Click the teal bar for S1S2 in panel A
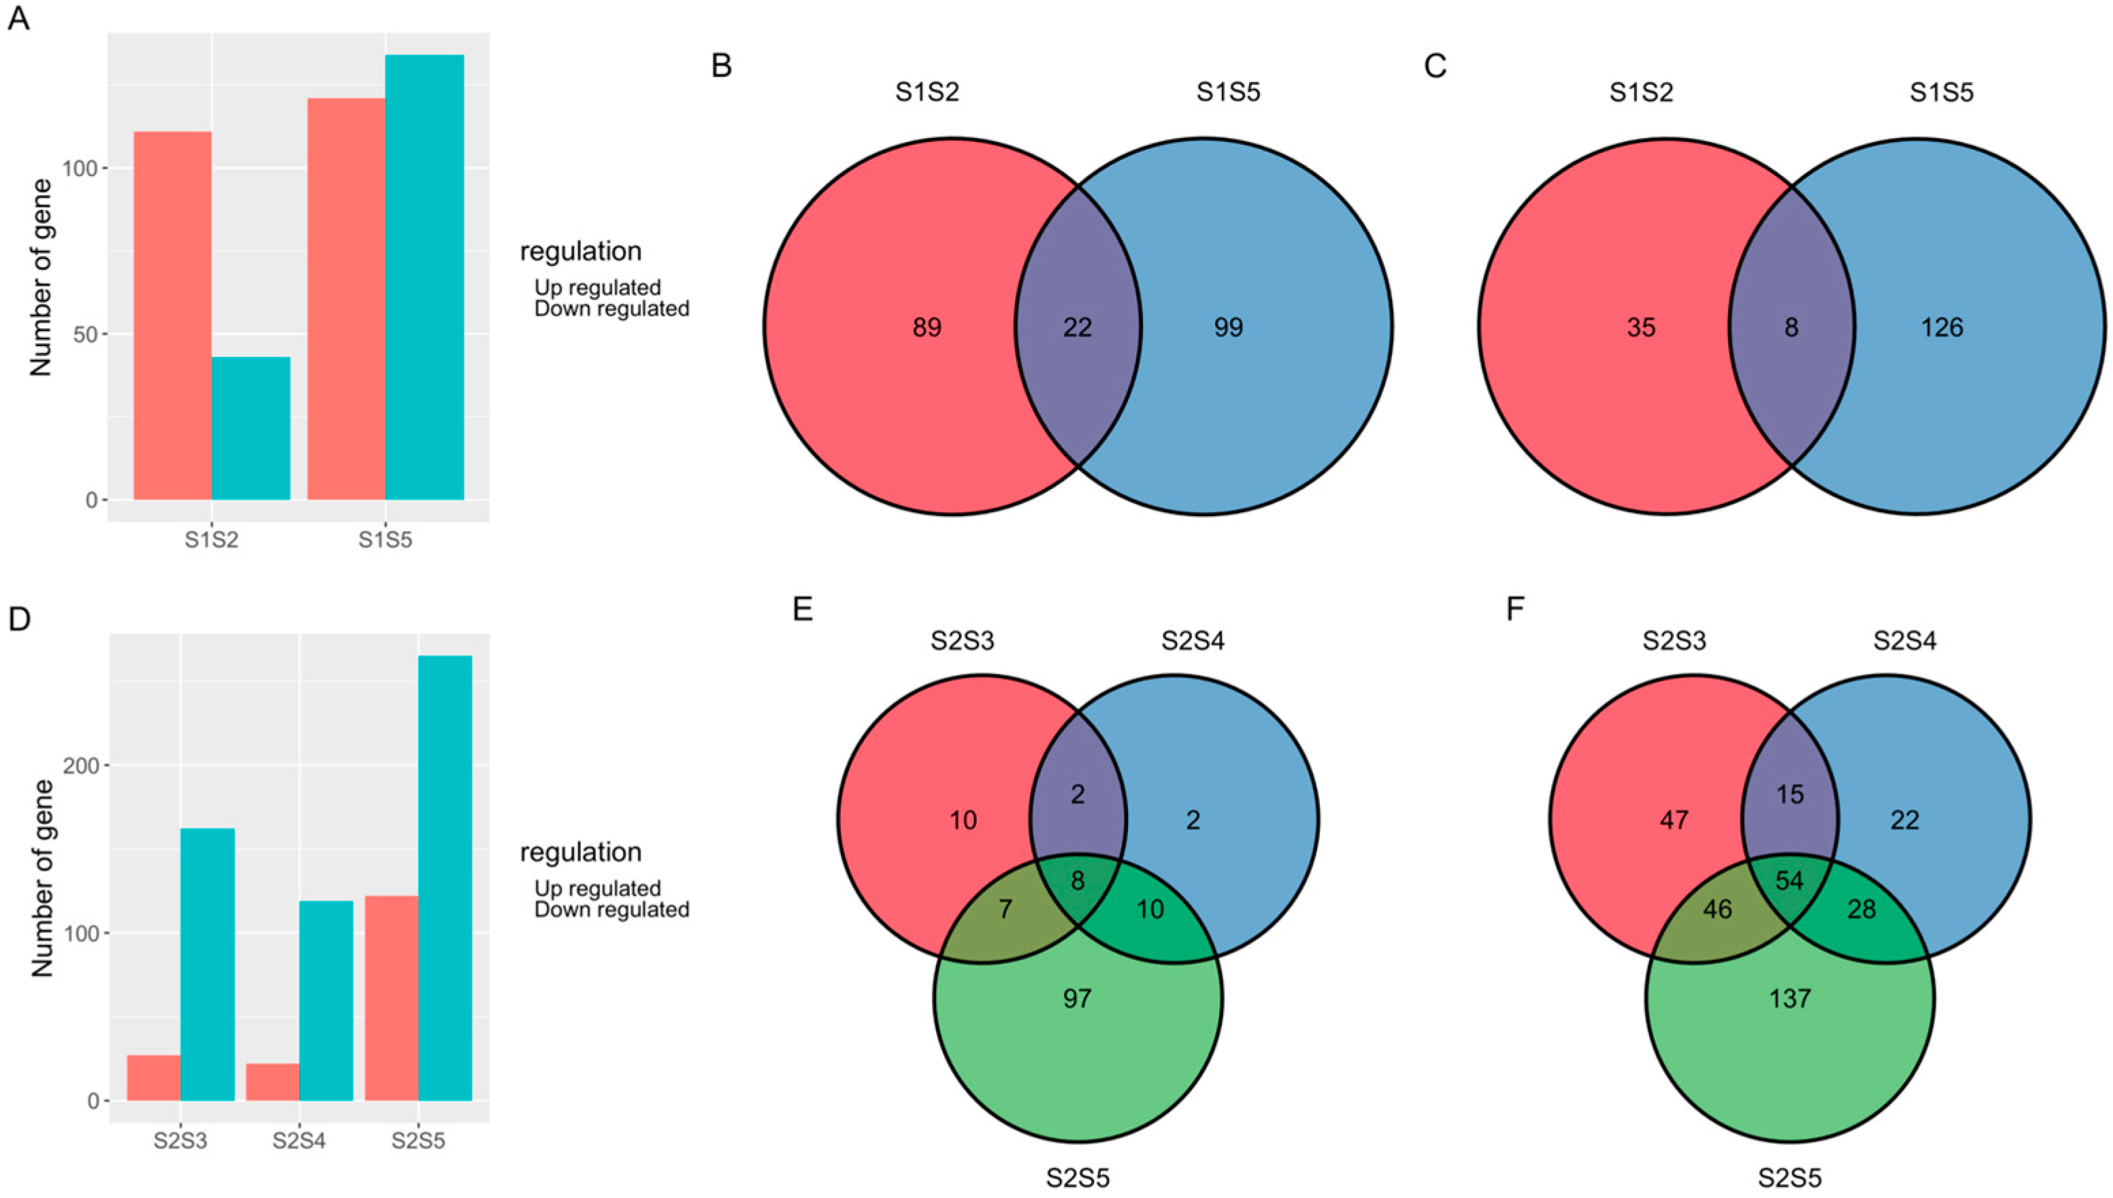pyautogui.click(x=251, y=428)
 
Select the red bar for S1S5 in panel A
pyautogui.click(x=346, y=298)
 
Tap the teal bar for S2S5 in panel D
pyautogui.click(x=446, y=878)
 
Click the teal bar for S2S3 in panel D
pyautogui.click(x=207, y=964)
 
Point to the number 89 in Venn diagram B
pyautogui.click(x=927, y=328)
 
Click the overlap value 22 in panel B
pyautogui.click(x=1077, y=328)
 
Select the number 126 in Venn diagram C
pyautogui.click(x=1942, y=328)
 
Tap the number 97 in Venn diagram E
pyautogui.click(x=1077, y=999)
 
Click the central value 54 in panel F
pyautogui.click(x=1789, y=881)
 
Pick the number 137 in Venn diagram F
pyautogui.click(x=1789, y=999)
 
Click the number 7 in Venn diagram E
pyautogui.click(x=1005, y=909)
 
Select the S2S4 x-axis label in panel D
pyautogui.click(x=299, y=1142)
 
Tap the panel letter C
pyautogui.click(x=1435, y=67)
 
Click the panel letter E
pyautogui.click(x=802, y=610)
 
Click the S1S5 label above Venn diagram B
pyautogui.click(x=1228, y=92)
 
